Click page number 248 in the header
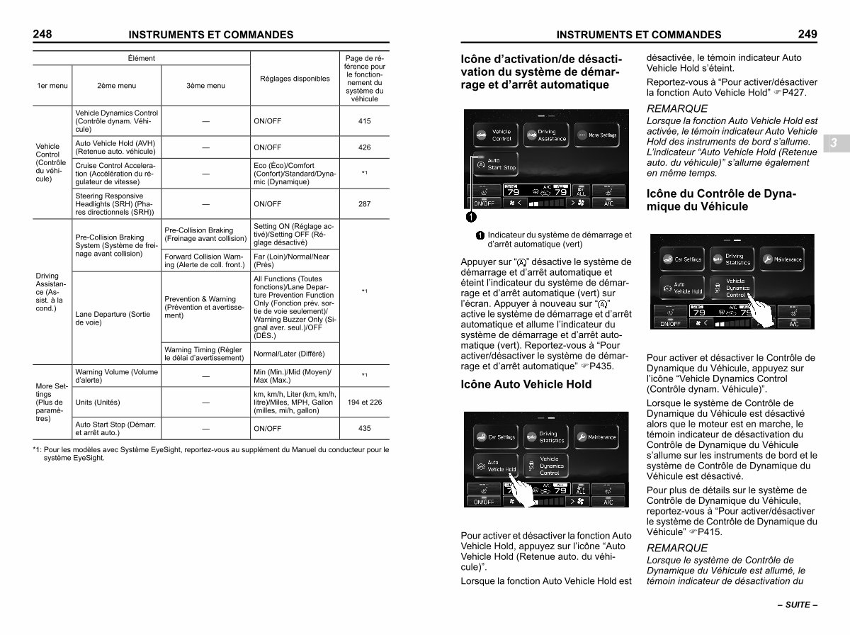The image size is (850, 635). tap(42, 34)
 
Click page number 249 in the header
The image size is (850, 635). tap(807, 34)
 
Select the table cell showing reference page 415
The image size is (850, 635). tap(364, 121)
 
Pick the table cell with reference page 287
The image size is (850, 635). tap(364, 204)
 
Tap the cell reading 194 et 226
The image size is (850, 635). tap(364, 402)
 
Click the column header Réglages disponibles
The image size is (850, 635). tap(295, 79)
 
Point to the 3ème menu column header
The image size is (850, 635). tap(205, 86)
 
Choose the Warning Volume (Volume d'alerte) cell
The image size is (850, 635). tap(117, 376)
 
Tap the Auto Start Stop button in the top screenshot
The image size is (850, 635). tap(496, 164)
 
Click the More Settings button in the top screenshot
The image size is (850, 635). tap(596, 135)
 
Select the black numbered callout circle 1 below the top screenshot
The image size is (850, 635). tap(471, 217)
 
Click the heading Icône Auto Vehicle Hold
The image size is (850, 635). tap(526, 384)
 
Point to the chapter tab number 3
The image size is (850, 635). tap(834, 143)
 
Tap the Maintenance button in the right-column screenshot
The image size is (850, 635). tap(782, 259)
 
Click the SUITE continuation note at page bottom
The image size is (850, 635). tap(798, 605)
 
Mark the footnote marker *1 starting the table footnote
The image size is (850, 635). tap(37, 450)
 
